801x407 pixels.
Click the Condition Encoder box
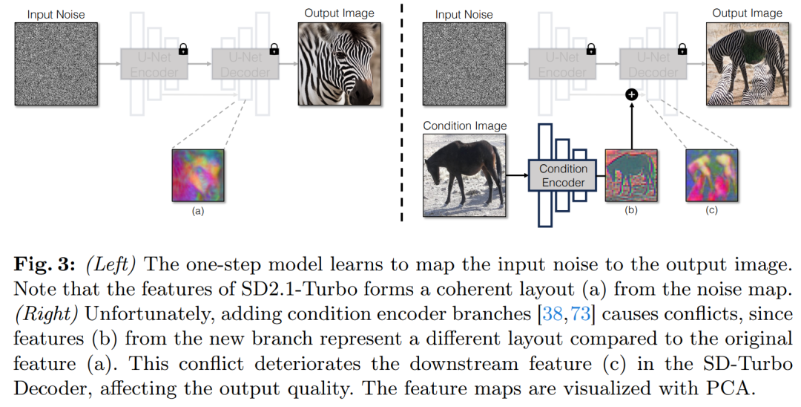point(563,175)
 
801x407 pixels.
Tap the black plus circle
point(632,94)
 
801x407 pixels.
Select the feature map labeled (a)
point(198,175)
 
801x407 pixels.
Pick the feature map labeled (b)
point(631,175)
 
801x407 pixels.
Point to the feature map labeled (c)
point(711,175)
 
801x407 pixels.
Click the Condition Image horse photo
point(464,175)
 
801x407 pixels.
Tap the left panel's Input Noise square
point(56,64)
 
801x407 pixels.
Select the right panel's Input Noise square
point(464,64)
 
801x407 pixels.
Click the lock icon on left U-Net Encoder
point(183,49)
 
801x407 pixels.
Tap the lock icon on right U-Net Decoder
point(682,49)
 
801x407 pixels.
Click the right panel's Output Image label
point(748,14)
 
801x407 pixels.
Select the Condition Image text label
point(465,126)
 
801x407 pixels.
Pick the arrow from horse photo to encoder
point(517,175)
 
